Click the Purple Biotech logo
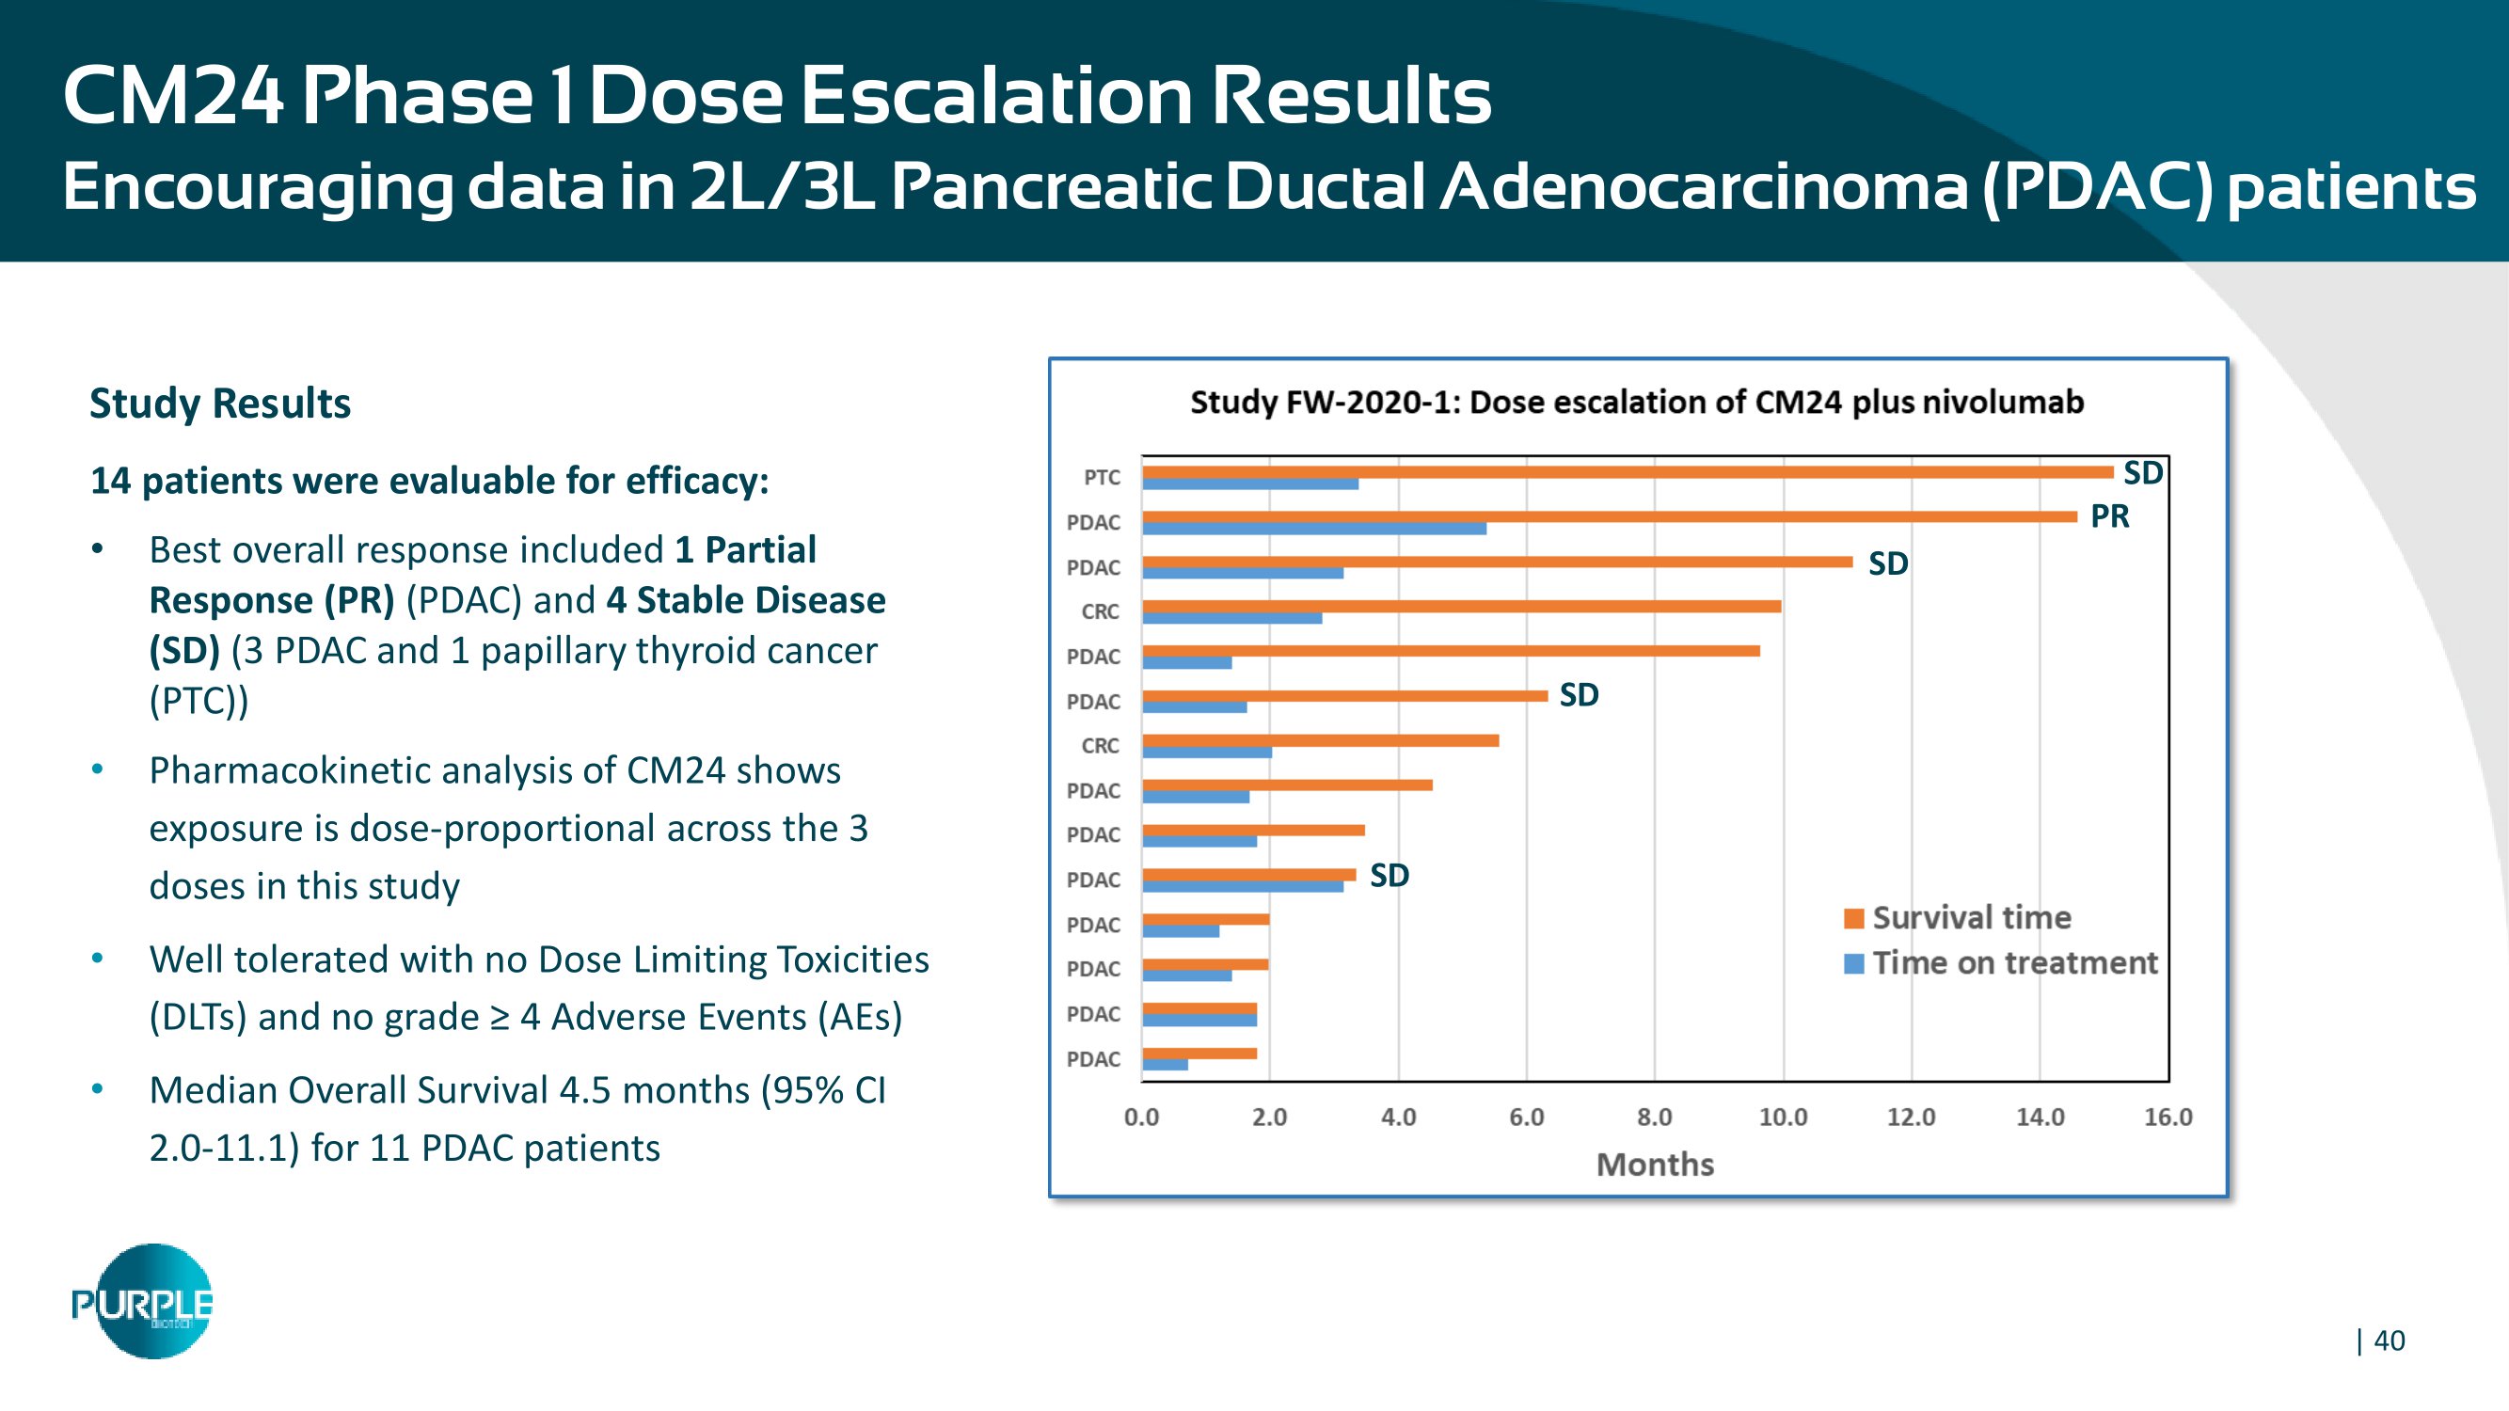[x=143, y=1302]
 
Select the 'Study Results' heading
[x=220, y=404]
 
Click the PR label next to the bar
[x=2110, y=516]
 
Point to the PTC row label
[x=1102, y=477]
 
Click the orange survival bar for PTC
[x=1627, y=472]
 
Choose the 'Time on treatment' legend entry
[x=2014, y=963]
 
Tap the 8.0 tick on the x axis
[x=1654, y=1117]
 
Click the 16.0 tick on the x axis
[x=2168, y=1117]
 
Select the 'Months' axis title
[x=1655, y=1165]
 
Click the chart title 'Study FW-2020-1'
[x=1636, y=403]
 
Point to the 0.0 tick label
[x=1141, y=1117]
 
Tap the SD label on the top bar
[x=2143, y=473]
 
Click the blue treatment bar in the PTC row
[x=1249, y=484]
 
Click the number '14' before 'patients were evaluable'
[x=110, y=481]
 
